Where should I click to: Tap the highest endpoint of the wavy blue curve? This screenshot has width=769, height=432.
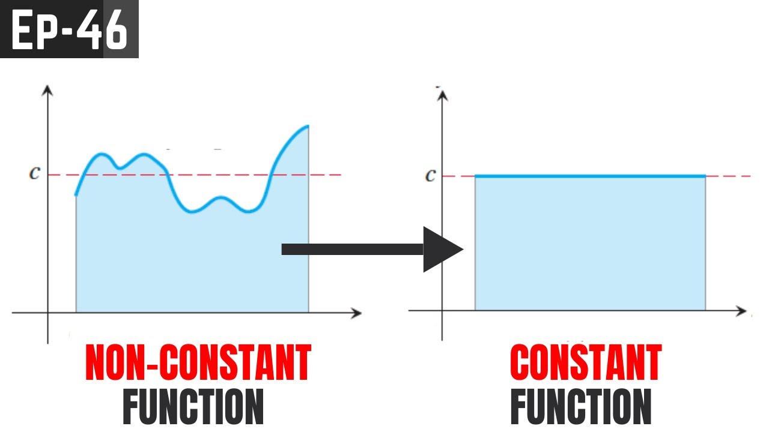(308, 126)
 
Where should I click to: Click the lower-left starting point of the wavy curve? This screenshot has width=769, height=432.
(76, 195)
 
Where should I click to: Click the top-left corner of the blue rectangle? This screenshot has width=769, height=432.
(475, 176)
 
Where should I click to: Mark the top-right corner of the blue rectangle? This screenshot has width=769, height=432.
(705, 176)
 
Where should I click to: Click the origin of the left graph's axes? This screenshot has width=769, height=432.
(48, 313)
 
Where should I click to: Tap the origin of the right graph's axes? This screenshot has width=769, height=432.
(443, 310)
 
